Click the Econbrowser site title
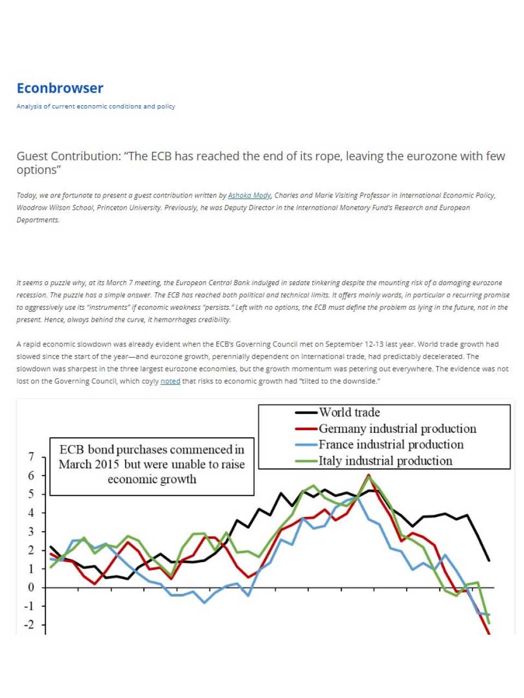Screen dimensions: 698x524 click(x=60, y=88)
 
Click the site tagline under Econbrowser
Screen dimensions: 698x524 click(x=96, y=106)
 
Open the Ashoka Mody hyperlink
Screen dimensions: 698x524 click(x=249, y=195)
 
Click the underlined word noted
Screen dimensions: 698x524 click(x=170, y=381)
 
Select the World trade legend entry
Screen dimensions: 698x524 click(x=349, y=413)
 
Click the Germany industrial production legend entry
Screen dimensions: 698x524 click(x=397, y=429)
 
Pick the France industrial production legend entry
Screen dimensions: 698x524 click(x=391, y=445)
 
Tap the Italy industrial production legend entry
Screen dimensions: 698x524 click(x=385, y=461)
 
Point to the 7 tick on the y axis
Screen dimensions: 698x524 click(x=31, y=457)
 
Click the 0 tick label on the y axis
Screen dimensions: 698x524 click(x=31, y=588)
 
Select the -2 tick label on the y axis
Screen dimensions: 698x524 click(x=29, y=625)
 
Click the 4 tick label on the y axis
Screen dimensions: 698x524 click(x=31, y=513)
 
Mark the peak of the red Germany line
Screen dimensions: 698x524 click(x=369, y=475)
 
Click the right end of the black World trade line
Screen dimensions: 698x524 click(x=489, y=560)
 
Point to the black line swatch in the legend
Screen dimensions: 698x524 click(x=306, y=413)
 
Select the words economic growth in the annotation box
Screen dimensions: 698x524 click(x=152, y=480)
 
